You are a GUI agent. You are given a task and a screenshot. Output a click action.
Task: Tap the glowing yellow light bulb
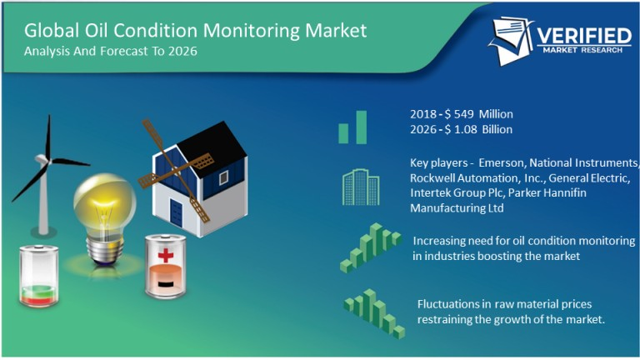104,204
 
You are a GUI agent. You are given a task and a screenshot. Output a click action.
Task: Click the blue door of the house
176,210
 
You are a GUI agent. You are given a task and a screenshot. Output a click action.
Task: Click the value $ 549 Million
482,113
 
